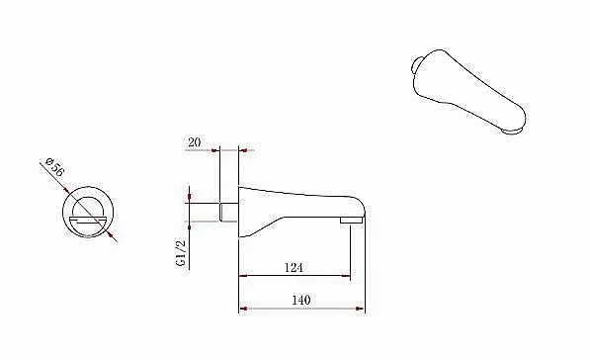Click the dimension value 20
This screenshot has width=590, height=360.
coord(194,142)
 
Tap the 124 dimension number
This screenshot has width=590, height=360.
coord(294,268)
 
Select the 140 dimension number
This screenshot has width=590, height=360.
coord(301,300)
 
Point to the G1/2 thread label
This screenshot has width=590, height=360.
coord(181,253)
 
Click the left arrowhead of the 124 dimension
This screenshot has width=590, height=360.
coord(243,276)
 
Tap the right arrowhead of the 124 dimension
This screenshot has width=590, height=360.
coord(346,276)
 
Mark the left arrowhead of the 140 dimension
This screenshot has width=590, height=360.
coord(243,309)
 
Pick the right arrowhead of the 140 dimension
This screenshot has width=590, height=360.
coord(360,309)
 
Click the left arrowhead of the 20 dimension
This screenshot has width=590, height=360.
coord(214,150)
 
